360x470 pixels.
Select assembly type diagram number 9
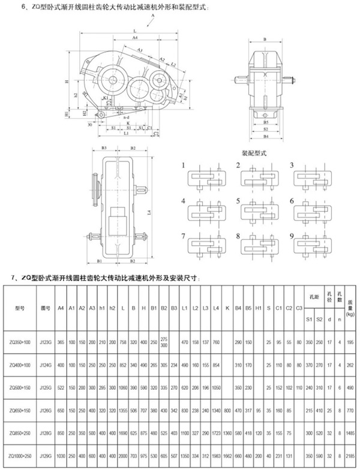click(291, 236)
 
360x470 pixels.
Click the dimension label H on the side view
click(66, 81)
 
